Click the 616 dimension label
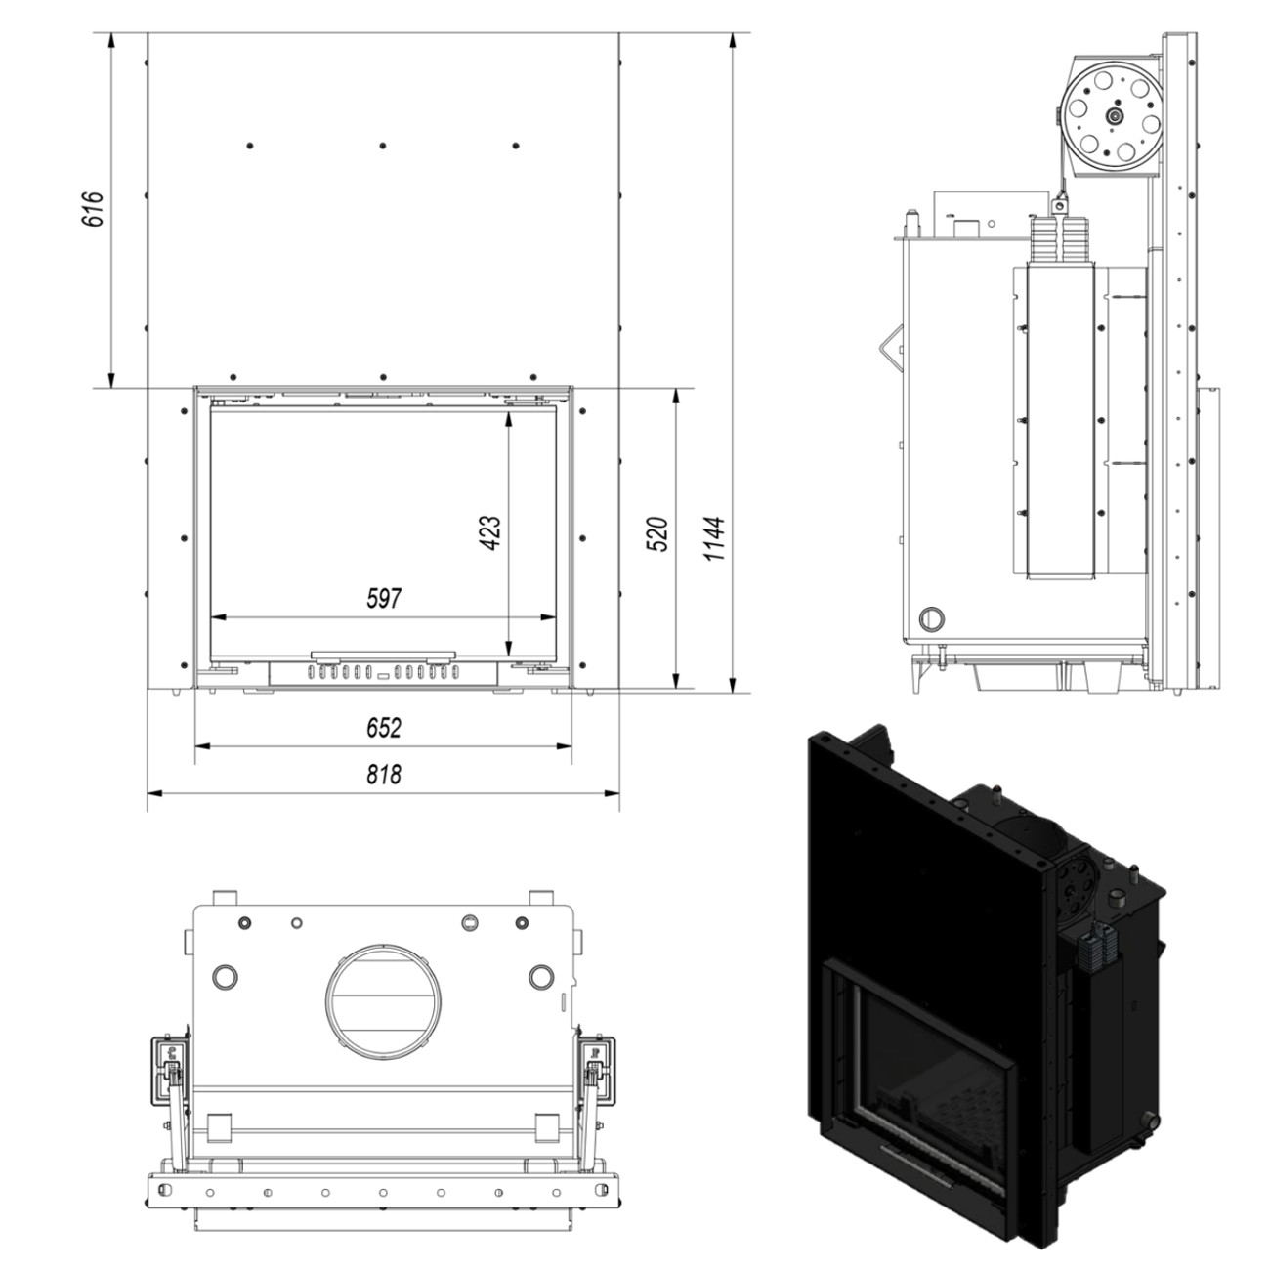tap(93, 209)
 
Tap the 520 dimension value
tap(659, 534)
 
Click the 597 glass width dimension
tap(384, 599)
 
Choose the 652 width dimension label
tap(384, 728)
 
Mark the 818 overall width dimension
tap(384, 775)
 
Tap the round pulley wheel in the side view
tap(1113, 115)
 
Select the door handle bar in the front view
tap(383, 655)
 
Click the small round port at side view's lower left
tap(932, 618)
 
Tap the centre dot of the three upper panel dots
tap(383, 146)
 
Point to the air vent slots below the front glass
tap(383, 672)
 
